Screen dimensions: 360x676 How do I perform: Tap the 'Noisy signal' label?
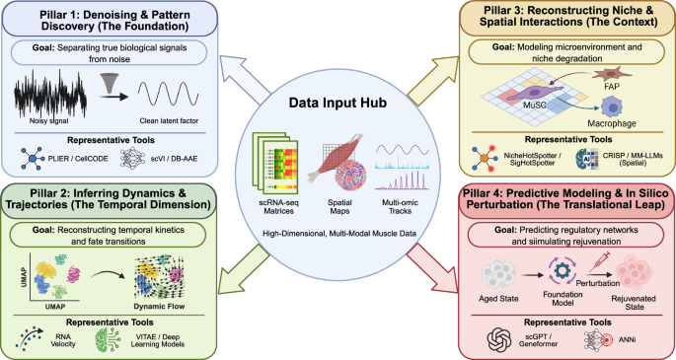tap(49, 127)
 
